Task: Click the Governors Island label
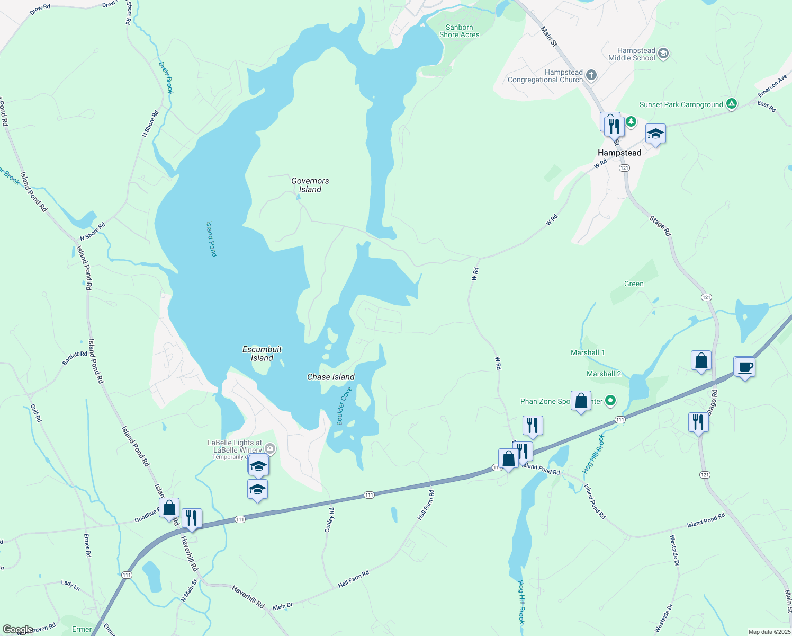pos(310,185)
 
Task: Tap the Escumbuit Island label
pos(262,354)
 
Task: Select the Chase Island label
pos(331,377)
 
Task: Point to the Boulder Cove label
pos(344,406)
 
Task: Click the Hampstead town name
pos(619,153)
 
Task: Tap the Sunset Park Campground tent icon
pos(731,104)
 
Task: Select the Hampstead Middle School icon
pos(663,54)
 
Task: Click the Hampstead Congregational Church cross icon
pos(591,75)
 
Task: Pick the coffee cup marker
pos(744,367)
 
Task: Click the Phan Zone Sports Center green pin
pos(610,401)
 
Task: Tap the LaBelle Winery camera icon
pos(270,449)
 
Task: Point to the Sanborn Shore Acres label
pos(459,31)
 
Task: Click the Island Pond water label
pos(212,238)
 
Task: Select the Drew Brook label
pos(166,77)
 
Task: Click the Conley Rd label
pos(330,520)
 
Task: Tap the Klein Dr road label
pos(282,606)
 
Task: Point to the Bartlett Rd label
pos(75,358)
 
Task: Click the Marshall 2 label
pos(604,374)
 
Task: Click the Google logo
pos(17,630)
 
